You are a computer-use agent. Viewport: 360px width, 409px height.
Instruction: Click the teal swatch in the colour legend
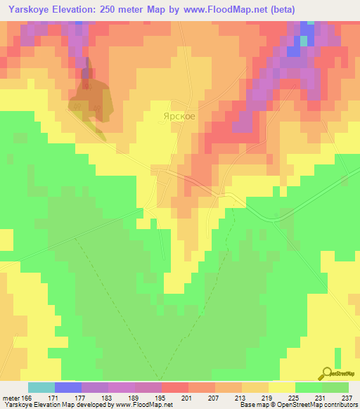[41, 387]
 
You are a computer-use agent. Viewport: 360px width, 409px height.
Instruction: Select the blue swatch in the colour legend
[68, 387]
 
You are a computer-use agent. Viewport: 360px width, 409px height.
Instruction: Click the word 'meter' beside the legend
[11, 397]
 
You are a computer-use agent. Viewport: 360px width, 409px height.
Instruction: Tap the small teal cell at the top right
[304, 41]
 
